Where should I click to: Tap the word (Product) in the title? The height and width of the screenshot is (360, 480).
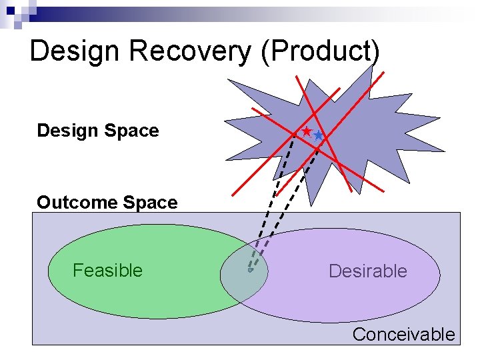click(321, 52)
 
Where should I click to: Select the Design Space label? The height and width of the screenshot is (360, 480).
click(98, 131)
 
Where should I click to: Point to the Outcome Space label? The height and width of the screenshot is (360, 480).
click(107, 203)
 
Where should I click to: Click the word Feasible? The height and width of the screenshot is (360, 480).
click(107, 271)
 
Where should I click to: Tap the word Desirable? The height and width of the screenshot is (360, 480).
click(367, 271)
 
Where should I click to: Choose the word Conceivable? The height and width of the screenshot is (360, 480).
click(403, 335)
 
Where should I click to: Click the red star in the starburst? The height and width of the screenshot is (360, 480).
click(307, 132)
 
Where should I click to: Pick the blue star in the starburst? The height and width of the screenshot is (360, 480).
click(318, 135)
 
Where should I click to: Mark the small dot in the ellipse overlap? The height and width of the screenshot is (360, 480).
click(250, 270)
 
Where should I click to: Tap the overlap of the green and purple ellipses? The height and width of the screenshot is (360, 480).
click(244, 273)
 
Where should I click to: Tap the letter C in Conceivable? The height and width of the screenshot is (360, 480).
click(358, 335)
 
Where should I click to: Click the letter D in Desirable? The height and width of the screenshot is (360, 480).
click(334, 271)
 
